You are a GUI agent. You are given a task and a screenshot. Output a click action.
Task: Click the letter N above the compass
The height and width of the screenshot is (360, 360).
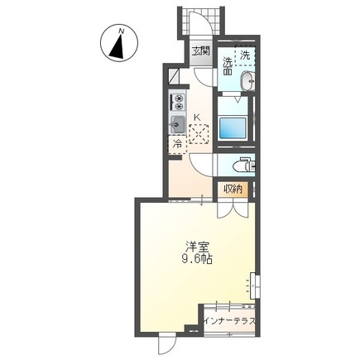[x=121, y=31]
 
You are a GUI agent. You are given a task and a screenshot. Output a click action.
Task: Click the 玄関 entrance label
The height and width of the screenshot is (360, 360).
[x=201, y=51]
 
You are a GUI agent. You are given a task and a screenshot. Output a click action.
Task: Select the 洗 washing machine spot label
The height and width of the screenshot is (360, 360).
[x=245, y=55]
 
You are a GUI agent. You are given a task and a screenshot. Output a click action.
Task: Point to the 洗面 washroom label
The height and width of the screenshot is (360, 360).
[x=228, y=66]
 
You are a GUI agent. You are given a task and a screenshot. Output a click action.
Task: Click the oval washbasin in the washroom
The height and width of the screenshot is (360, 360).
[x=248, y=81]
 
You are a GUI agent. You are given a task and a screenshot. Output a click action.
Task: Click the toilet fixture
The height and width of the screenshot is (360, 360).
[x=244, y=166]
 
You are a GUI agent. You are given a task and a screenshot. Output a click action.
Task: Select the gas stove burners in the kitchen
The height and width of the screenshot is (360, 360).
[x=178, y=102]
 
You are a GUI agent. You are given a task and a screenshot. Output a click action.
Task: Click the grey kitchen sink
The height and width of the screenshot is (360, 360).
[x=178, y=124]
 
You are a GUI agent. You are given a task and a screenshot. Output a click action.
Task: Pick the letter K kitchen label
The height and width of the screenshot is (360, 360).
[x=197, y=118]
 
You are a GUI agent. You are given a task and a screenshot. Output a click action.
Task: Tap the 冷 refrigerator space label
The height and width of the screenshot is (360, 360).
[x=177, y=143]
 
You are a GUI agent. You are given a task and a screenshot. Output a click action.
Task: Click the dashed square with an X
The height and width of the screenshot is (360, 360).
[x=199, y=134]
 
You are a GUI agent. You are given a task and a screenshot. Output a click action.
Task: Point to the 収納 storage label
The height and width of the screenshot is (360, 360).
[x=233, y=190]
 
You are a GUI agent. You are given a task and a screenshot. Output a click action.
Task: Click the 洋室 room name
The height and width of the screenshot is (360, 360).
[x=197, y=247]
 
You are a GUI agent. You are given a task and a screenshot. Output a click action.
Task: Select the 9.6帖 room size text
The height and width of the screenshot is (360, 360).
[x=197, y=259]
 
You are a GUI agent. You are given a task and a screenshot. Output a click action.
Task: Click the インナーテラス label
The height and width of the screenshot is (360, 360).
[x=229, y=321]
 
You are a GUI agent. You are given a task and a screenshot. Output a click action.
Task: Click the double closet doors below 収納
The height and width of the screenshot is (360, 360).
[x=233, y=209]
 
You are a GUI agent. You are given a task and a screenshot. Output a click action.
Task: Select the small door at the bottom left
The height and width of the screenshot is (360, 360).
[x=167, y=344]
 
